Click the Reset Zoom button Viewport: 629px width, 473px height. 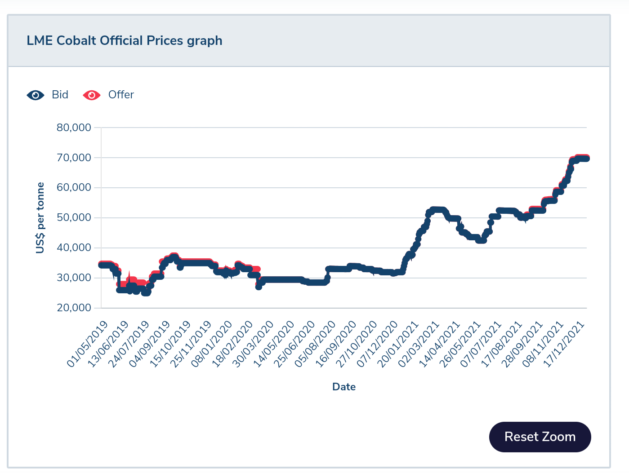pyautogui.click(x=540, y=437)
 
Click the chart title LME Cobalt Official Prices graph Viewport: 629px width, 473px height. pyautogui.click(x=125, y=40)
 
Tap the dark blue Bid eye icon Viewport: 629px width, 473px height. pyautogui.click(x=36, y=95)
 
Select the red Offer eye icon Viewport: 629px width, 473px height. pyautogui.click(x=92, y=95)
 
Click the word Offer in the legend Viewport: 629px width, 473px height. pyautogui.click(x=121, y=95)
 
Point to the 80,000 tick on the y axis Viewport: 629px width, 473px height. pyautogui.click(x=74, y=128)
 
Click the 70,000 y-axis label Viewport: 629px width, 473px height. pyautogui.click(x=74, y=158)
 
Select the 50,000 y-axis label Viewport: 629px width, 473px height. pyautogui.click(x=74, y=217)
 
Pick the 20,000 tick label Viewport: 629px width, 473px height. pyautogui.click(x=74, y=308)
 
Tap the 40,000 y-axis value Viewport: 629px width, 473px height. pyautogui.click(x=74, y=248)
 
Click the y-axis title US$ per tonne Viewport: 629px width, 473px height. pyautogui.click(x=40, y=218)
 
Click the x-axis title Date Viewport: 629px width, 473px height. pyautogui.click(x=344, y=387)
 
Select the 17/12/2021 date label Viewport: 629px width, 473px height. pyautogui.click(x=565, y=344)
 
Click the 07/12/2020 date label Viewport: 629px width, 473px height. pyautogui.click(x=378, y=344)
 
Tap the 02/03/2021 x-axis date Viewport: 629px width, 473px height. pyautogui.click(x=419, y=344)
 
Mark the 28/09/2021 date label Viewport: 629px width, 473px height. pyautogui.click(x=523, y=344)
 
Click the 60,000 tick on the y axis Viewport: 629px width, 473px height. pyautogui.click(x=74, y=187)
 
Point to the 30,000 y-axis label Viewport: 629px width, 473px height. pyautogui.click(x=74, y=278)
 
